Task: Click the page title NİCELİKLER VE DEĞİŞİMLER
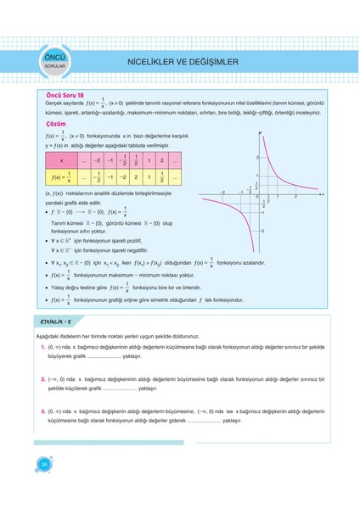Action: tap(182, 62)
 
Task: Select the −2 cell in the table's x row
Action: tap(98, 160)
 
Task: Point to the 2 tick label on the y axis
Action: tap(256, 159)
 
